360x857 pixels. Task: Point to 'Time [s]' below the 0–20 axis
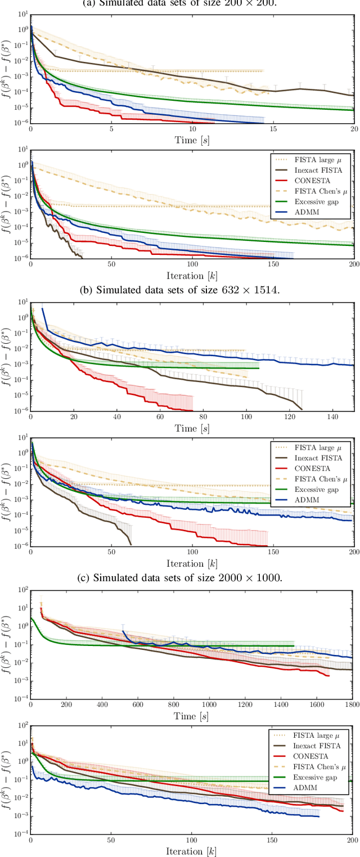pos(192,140)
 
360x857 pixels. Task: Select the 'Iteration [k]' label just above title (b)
pos(192,261)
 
